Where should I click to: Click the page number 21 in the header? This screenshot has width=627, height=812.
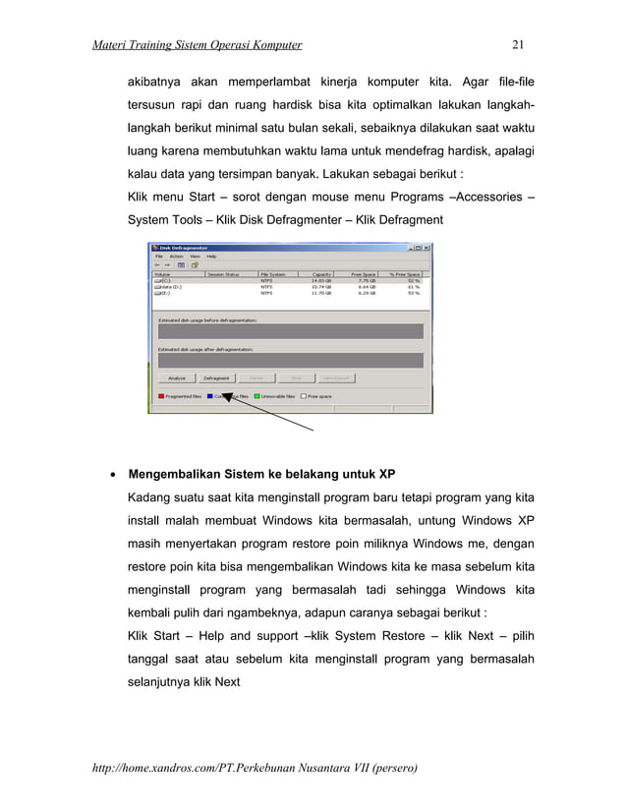(520, 44)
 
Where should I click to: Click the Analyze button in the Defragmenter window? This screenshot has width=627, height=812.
(176, 377)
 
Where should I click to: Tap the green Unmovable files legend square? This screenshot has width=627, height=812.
(257, 396)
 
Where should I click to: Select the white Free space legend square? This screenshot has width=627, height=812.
(304, 396)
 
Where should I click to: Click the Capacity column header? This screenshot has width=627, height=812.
(321, 274)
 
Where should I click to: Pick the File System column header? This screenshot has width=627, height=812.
(273, 274)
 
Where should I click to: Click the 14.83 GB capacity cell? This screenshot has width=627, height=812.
(321, 280)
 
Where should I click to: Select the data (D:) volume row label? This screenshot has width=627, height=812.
(170, 286)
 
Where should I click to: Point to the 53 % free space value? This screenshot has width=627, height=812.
(413, 293)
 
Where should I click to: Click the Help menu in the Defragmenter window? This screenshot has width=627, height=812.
(211, 256)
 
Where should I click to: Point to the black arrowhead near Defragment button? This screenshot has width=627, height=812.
(225, 393)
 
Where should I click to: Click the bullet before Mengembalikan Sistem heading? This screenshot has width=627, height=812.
(115, 475)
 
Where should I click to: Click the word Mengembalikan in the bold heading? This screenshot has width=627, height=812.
(176, 475)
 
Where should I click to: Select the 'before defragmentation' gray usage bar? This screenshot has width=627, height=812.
(290, 334)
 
